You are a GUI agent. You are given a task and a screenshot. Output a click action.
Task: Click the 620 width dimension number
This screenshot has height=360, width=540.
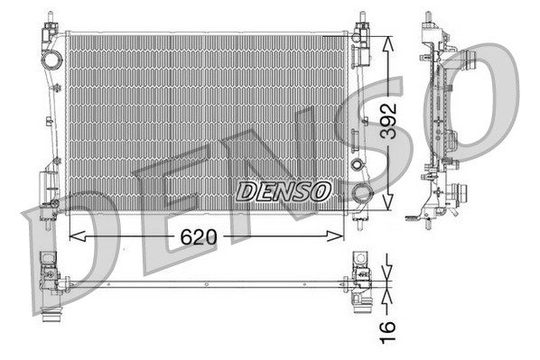(x=199, y=237)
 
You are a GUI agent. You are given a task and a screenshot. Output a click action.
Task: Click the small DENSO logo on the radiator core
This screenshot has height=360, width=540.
(x=284, y=191)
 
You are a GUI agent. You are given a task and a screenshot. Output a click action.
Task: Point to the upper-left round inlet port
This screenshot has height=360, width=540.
(x=51, y=61)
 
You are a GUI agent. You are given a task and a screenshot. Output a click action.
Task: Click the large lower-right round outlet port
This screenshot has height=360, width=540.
(x=362, y=192)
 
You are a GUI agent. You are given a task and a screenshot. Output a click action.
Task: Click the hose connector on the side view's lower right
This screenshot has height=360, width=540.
(x=461, y=193)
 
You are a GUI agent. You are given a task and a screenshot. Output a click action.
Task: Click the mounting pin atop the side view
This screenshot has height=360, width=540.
(x=427, y=22)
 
